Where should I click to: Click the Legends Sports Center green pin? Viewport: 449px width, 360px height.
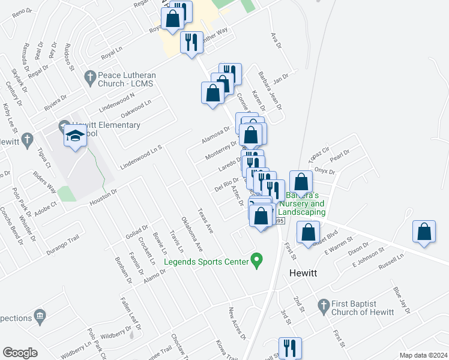[x=258, y=261]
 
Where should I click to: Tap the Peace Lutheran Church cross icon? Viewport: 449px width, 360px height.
[x=90, y=77]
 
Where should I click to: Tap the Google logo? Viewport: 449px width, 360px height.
[x=20, y=353]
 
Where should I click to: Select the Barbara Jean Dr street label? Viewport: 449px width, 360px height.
[x=270, y=91]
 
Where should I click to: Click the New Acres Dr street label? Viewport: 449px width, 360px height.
[x=237, y=323]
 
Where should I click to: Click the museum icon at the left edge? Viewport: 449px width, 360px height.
[x=40, y=316]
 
